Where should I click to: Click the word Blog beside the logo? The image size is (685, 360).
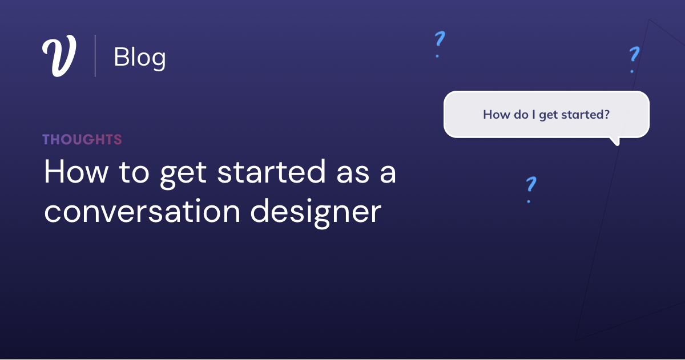pos(140,57)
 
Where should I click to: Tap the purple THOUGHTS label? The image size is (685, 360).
pos(82,139)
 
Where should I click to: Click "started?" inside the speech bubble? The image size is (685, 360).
pos(586,114)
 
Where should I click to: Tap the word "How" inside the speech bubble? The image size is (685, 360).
pos(495,114)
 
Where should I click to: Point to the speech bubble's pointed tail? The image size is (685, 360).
pos(614,140)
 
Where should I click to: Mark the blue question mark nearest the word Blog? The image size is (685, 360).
pos(438,44)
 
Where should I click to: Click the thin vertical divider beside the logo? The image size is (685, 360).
pos(95,56)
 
